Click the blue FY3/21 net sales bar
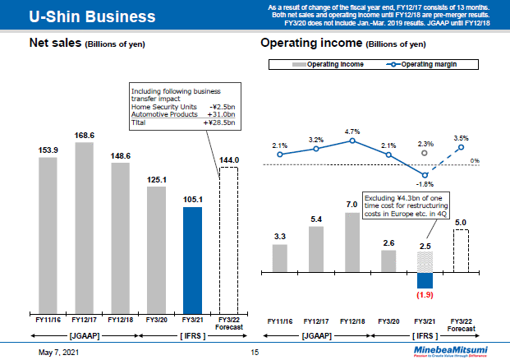pos(192,256)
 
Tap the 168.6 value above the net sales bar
pos(85,136)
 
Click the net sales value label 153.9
pos(48,150)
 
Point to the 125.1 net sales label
pos(157,179)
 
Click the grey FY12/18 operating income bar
pos(352,242)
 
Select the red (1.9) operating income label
pos(425,294)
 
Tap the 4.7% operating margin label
pos(352,131)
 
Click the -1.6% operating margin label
pos(425,185)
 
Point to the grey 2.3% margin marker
pos(425,153)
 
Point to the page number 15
pos(255,352)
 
